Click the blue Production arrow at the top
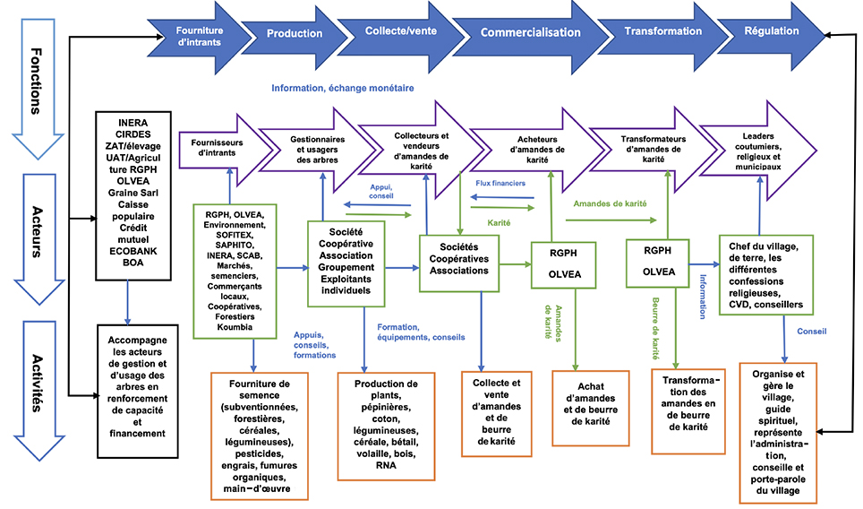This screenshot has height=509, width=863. click(295, 33)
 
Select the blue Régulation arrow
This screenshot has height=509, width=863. click(772, 31)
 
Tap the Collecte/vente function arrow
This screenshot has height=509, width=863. click(401, 30)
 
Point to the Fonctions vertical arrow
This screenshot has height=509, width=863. click(38, 88)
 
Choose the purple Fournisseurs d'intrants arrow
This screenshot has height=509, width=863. click(226, 148)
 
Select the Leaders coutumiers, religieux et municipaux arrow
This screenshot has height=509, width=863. click(758, 151)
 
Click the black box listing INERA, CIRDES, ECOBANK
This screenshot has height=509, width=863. click(133, 195)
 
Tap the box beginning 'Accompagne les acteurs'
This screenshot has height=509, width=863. click(138, 391)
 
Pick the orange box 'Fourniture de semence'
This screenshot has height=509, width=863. click(260, 436)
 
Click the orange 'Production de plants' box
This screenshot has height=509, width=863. click(386, 426)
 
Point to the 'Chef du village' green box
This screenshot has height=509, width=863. click(766, 275)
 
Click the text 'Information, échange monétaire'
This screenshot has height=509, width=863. click(342, 88)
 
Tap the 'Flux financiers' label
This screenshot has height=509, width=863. click(500, 183)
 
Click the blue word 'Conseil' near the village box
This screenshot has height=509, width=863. click(811, 331)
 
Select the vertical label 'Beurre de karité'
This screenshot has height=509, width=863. click(655, 328)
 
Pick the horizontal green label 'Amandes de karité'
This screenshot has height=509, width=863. click(610, 203)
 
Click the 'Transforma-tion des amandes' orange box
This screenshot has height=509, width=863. click(688, 411)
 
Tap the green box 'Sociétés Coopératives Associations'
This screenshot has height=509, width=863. click(459, 263)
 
